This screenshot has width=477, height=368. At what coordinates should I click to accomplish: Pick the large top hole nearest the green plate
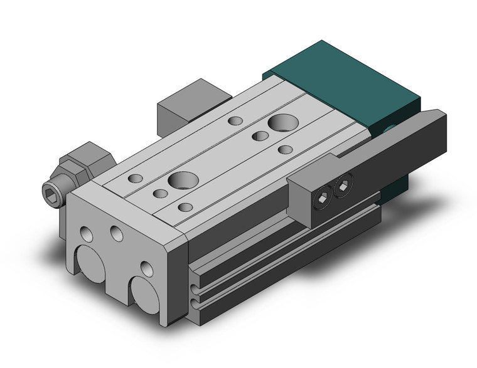278,122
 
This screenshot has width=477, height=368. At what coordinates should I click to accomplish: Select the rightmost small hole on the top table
285,149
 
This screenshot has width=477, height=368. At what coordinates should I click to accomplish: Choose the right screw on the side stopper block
343,186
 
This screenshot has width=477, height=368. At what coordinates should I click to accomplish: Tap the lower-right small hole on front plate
146,268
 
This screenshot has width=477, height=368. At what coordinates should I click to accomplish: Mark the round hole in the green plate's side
391,129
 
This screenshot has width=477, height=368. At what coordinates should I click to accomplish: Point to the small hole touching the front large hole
161,193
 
